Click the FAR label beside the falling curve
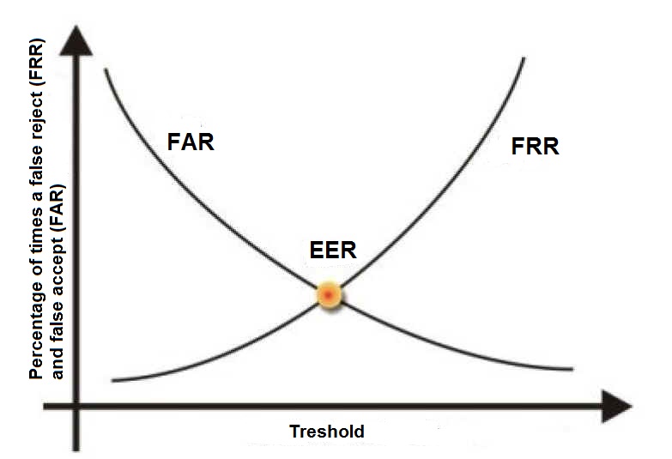pos(190,141)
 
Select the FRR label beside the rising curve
pos(535,147)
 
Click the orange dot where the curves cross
pos(329,295)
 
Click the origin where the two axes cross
pos(77,406)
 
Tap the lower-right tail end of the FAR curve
pos(571,369)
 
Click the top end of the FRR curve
pos(524,58)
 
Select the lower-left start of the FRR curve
pos(112,380)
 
